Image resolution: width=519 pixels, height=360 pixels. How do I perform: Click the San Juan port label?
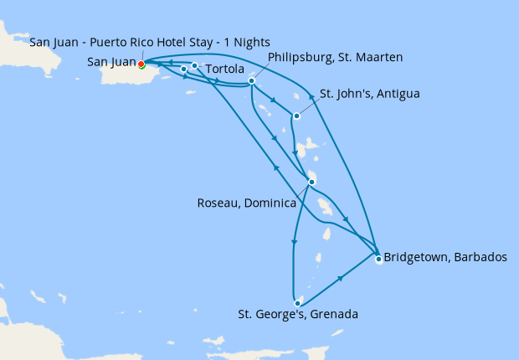click(x=111, y=61)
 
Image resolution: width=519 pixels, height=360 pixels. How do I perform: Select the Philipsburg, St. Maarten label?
click(x=336, y=57)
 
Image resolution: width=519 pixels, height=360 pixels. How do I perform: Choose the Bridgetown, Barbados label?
click(x=444, y=258)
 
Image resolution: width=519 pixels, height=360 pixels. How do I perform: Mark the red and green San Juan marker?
click(x=141, y=64)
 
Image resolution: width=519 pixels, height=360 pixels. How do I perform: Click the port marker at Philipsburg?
click(x=251, y=81)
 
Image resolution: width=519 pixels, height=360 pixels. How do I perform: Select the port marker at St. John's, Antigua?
click(x=296, y=116)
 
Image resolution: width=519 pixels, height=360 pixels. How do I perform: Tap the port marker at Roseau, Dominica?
click(x=311, y=182)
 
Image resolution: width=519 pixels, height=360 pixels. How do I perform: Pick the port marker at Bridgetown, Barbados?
click(x=378, y=259)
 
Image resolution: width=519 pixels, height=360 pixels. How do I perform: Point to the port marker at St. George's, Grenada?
click(x=297, y=303)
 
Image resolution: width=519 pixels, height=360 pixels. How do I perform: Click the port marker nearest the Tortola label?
click(x=194, y=65)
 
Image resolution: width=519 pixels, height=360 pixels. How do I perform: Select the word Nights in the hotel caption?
click(x=253, y=42)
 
